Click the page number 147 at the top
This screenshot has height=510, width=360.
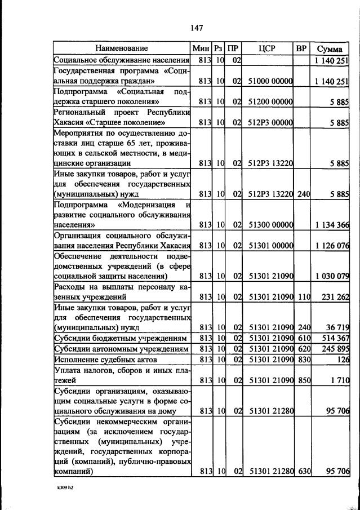click(196, 28)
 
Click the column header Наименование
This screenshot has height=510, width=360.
click(122, 48)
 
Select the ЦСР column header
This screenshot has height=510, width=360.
click(266, 48)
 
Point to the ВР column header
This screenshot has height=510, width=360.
click(301, 48)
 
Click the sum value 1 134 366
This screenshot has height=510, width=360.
click(332, 225)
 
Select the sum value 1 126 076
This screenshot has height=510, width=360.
click(332, 246)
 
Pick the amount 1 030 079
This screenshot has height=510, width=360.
click(332, 276)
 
